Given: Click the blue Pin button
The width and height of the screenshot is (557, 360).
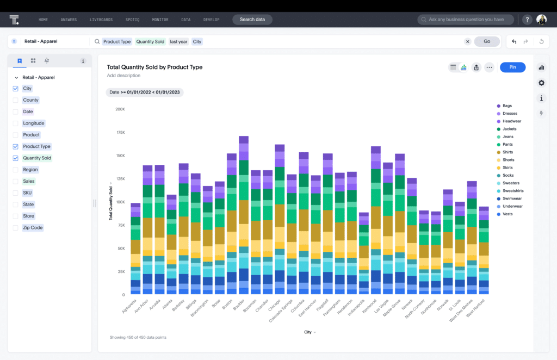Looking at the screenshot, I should pyautogui.click(x=512, y=67).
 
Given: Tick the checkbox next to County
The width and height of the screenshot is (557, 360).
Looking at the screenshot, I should pyautogui.click(x=16, y=100).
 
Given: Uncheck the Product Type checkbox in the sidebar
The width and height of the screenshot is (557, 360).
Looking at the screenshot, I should pyautogui.click(x=16, y=146).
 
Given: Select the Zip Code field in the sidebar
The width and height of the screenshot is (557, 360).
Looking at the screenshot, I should pyautogui.click(x=33, y=228).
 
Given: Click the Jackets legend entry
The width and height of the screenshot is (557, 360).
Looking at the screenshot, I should pyautogui.click(x=509, y=129).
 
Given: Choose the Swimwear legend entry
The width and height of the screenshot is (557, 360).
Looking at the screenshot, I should pyautogui.click(x=511, y=198).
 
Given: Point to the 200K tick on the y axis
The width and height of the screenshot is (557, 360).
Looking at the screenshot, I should pyautogui.click(x=120, y=109).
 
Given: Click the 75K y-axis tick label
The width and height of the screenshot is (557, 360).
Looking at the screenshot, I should pyautogui.click(x=120, y=225).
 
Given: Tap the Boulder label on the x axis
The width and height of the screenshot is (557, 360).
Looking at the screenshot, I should pyautogui.click(x=239, y=305).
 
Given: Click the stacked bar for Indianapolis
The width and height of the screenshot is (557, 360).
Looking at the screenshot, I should pyautogui.click(x=363, y=253).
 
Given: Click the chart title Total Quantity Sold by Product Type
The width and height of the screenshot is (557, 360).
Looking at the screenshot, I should pyautogui.click(x=154, y=67).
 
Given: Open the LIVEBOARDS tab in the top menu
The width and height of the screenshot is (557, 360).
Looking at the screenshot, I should pyautogui.click(x=101, y=20).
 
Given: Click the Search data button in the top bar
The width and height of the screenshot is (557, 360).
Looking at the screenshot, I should pyautogui.click(x=252, y=20).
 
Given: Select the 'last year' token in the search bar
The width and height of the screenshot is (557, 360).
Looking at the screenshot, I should pyautogui.click(x=178, y=41).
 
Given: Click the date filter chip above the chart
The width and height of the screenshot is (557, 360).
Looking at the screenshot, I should pyautogui.click(x=145, y=92).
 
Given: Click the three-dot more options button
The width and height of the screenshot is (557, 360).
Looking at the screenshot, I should pyautogui.click(x=489, y=67).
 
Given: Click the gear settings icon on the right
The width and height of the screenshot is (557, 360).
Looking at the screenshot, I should pyautogui.click(x=541, y=83).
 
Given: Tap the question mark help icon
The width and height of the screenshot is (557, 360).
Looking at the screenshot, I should pyautogui.click(x=527, y=20).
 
